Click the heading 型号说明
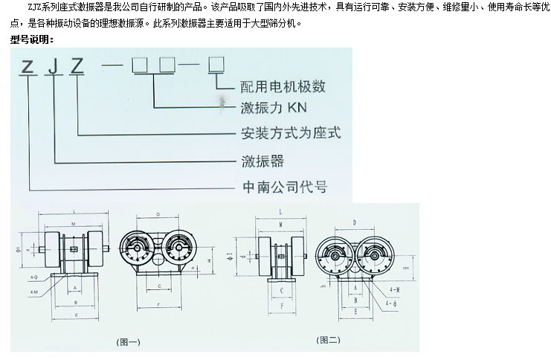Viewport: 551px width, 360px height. tap(33, 39)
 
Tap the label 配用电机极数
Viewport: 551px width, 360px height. tap(283, 86)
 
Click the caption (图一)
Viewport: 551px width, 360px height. tap(129, 342)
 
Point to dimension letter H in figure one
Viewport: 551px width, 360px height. tap(210, 262)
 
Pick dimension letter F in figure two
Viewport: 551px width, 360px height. tap(280, 305)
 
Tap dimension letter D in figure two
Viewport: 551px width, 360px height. tap(354, 221)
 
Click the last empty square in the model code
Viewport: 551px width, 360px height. tap(216, 64)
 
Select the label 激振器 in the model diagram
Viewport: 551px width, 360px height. tap(262, 160)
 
